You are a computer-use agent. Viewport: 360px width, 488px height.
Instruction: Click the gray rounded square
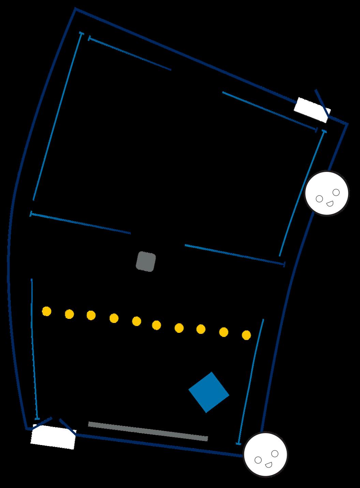146,262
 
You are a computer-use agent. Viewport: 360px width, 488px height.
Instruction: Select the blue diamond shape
209,392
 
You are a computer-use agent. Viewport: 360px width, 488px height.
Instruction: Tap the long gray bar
148,431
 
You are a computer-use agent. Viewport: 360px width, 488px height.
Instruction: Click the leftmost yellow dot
47,311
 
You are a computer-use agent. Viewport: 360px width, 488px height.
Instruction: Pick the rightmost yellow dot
246,335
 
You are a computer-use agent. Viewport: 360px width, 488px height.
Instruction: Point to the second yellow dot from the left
69,314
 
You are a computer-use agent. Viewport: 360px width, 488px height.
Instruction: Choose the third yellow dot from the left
91,315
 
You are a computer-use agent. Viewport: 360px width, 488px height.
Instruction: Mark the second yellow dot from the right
224,332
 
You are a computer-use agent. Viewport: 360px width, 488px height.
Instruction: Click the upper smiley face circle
327,193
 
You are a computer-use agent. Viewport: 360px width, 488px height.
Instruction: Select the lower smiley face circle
266,454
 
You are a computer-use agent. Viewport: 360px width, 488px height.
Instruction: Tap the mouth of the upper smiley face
330,204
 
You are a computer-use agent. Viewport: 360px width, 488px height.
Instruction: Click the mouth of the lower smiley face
269,464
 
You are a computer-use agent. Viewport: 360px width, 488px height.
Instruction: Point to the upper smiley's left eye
319,198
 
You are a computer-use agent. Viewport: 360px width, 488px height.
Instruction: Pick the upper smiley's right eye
336,192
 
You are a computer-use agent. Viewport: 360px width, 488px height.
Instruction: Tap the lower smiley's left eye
258,460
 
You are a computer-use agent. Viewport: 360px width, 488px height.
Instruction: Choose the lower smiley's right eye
275,454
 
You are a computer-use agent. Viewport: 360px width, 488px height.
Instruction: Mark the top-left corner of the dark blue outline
76,10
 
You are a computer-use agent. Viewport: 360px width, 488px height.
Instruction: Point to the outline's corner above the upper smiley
347,124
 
